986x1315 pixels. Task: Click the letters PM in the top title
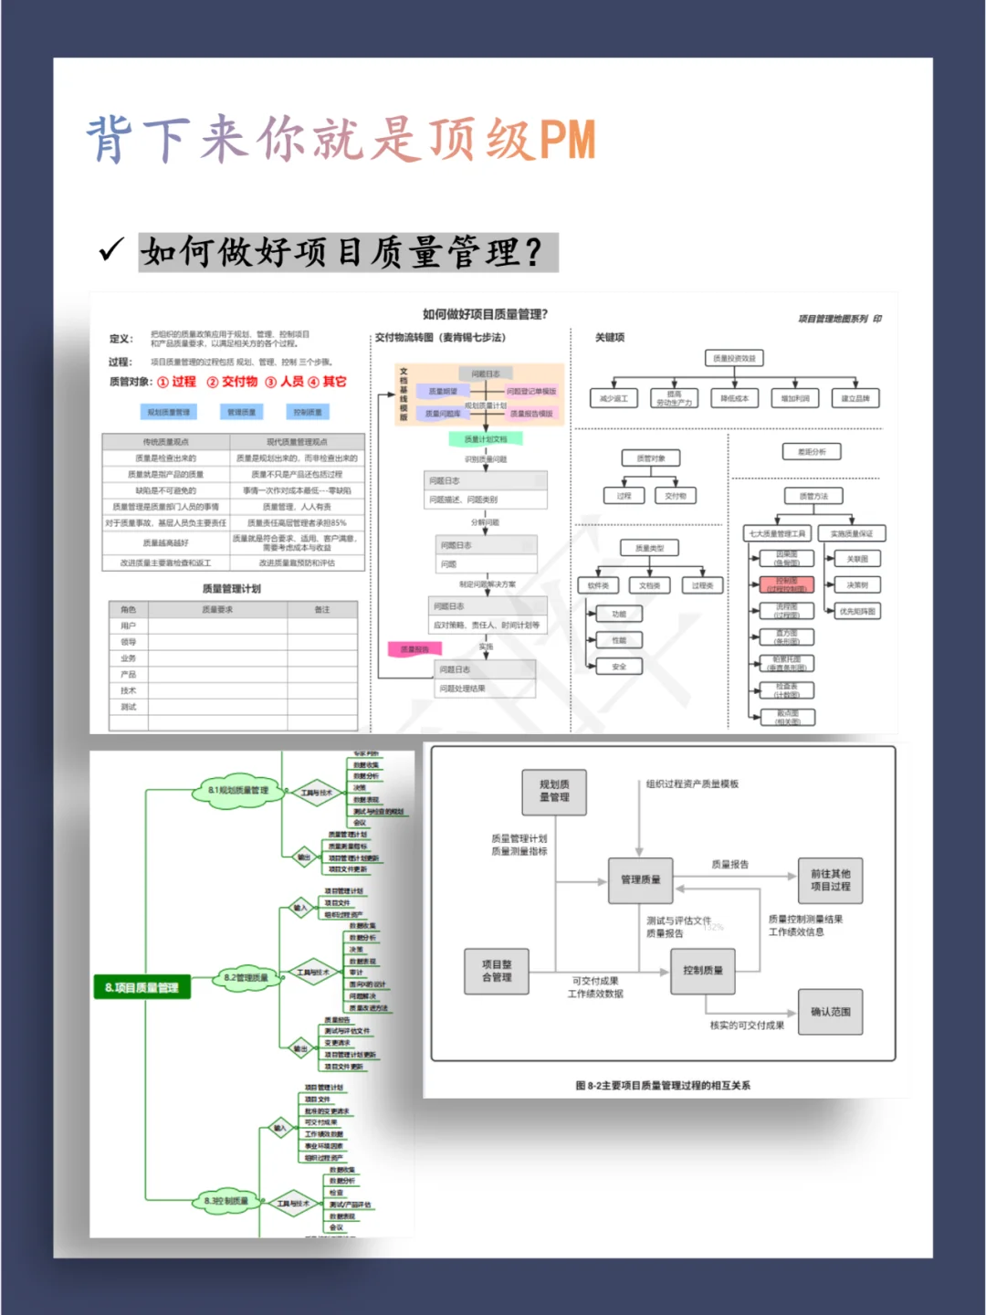tap(567, 140)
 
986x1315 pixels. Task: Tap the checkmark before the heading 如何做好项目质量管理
tap(111, 249)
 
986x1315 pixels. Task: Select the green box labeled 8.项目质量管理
tap(141, 987)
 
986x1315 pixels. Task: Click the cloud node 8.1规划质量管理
tap(237, 791)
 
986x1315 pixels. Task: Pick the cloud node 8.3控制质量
tap(226, 1201)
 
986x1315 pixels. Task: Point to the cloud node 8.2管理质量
tap(246, 978)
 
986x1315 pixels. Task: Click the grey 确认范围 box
tap(830, 1012)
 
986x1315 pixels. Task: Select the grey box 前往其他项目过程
tap(830, 879)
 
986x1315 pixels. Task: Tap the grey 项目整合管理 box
tap(497, 971)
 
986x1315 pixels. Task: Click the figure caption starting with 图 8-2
tap(663, 1086)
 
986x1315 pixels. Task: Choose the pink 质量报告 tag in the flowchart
tap(414, 649)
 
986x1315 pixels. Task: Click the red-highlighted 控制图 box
tap(787, 584)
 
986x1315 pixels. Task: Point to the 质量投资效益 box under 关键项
tap(734, 359)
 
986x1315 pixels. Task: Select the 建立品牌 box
tap(855, 399)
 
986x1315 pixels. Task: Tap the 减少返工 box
tap(614, 399)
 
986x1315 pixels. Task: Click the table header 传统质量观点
tap(165, 442)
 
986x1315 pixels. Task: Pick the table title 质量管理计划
tap(232, 589)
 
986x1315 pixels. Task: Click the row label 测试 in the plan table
tap(129, 707)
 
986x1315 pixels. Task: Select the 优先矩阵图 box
tap(857, 611)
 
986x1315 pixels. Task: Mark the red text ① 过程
tap(177, 382)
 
